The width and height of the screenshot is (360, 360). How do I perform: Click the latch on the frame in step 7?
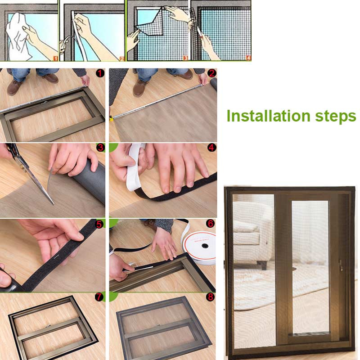click(x=48, y=324)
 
